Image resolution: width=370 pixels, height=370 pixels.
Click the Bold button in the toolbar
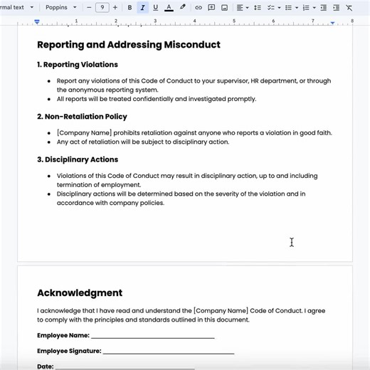pyautogui.click(x=129, y=8)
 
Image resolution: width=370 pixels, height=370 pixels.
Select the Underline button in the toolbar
pyautogui.click(x=155, y=8)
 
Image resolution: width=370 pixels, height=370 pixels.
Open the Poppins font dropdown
pyautogui.click(x=62, y=8)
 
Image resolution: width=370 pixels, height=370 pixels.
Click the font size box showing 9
pyautogui.click(x=102, y=8)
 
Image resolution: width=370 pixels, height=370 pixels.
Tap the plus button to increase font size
pyautogui.click(x=115, y=8)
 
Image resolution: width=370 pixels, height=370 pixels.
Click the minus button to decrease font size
pyautogui.click(x=89, y=8)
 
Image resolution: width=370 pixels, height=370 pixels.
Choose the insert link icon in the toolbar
pyautogui.click(x=199, y=8)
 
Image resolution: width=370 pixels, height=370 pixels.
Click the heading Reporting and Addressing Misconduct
pyautogui.click(x=128, y=45)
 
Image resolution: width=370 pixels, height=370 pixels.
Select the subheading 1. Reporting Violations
pyautogui.click(x=78, y=65)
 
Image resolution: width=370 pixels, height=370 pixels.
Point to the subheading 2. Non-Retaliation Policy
pyautogui.click(x=82, y=117)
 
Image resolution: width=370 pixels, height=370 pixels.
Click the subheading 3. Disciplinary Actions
pyautogui.click(x=78, y=159)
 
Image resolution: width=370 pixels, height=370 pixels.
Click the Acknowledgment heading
pyautogui.click(x=80, y=293)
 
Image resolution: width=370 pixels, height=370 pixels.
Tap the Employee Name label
pyautogui.click(x=63, y=335)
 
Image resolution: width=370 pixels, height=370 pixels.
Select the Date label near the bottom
pyautogui.click(x=45, y=366)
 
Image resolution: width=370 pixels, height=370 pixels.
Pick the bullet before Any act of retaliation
pyautogui.click(x=49, y=142)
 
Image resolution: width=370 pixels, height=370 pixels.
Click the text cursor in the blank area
pyautogui.click(x=292, y=243)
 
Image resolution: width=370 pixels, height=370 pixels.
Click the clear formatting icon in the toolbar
pyautogui.click(x=349, y=8)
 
